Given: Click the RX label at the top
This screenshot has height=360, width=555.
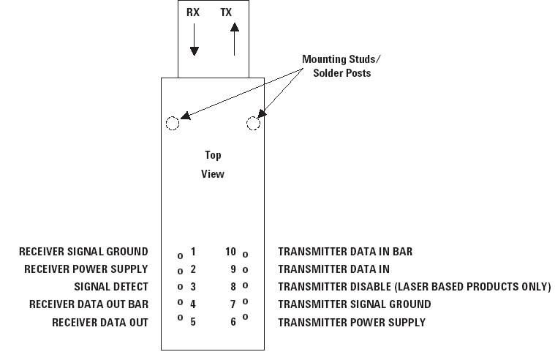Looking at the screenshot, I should click(x=193, y=12).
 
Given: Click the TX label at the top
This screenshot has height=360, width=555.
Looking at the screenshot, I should click(x=227, y=12).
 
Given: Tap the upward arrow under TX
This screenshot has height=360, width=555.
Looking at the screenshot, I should click(x=234, y=39).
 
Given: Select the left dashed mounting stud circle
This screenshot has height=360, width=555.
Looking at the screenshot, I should click(x=173, y=123).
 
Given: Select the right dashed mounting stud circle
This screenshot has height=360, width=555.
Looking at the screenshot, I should click(x=253, y=123).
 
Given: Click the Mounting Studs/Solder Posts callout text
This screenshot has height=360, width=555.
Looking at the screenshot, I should click(x=336, y=66).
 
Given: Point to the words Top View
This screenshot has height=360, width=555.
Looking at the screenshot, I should click(x=213, y=165).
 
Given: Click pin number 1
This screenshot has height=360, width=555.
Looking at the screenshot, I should click(x=193, y=252).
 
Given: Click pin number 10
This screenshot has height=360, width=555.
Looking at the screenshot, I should click(x=230, y=252).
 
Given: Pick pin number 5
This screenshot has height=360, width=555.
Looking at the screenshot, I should click(x=193, y=322).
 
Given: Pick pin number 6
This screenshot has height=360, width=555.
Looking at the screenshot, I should click(x=233, y=322).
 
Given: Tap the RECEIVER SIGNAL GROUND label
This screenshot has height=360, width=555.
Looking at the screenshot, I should click(x=83, y=252).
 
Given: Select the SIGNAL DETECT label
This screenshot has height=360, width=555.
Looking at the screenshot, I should click(x=111, y=287).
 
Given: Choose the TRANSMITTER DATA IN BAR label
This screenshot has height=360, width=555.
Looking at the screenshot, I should click(x=345, y=252).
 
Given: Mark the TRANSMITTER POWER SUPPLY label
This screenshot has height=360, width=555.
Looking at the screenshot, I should click(x=351, y=322).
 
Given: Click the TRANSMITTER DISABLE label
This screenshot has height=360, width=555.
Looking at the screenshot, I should click(x=414, y=287).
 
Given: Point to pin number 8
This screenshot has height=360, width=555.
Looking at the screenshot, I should click(x=233, y=287).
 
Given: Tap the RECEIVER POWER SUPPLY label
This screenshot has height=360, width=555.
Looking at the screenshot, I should click(x=86, y=269).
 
